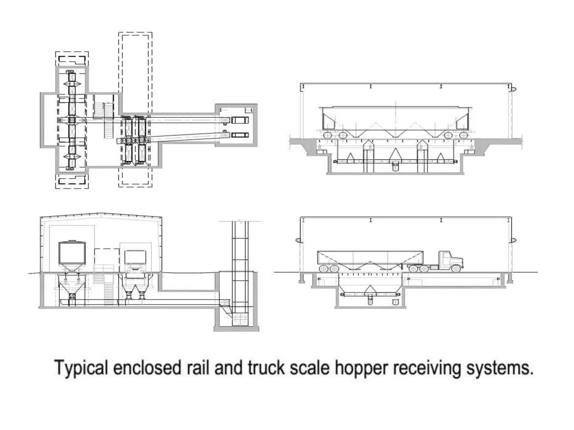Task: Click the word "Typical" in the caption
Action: pyautogui.click(x=81, y=368)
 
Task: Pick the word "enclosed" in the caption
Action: pyautogui.click(x=147, y=368)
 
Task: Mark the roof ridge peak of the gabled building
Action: pyautogui.click(x=101, y=213)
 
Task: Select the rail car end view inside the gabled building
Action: pyautogui.click(x=72, y=253)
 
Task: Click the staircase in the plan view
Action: pyautogui.click(x=108, y=120)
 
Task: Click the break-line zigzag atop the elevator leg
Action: pyautogui.click(x=240, y=221)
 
